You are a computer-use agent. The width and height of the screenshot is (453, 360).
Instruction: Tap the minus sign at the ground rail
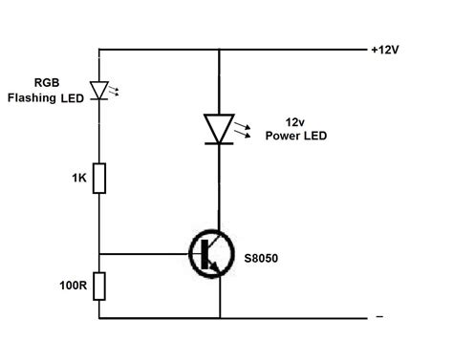pos(379,316)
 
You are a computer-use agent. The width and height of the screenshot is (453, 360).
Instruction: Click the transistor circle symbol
pos(211,255)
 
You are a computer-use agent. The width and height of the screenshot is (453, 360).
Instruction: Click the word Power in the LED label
pos(280,136)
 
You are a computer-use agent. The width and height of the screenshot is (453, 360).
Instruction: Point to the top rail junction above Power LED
pos(220,50)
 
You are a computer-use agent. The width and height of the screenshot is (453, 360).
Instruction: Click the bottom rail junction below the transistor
pos(220,317)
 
